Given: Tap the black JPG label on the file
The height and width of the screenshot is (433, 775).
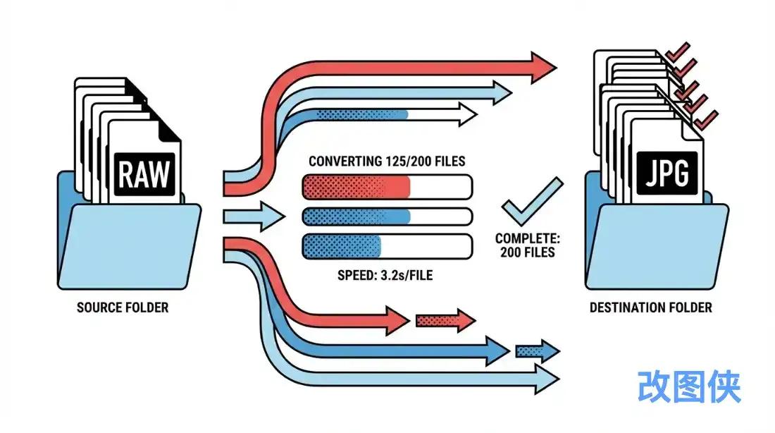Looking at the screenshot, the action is (x=666, y=173).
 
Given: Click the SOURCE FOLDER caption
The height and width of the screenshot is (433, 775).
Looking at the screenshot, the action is (x=123, y=307).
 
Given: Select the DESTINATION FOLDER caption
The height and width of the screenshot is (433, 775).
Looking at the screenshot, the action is (x=650, y=307).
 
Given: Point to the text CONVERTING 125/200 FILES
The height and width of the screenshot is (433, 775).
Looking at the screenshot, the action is (x=387, y=161).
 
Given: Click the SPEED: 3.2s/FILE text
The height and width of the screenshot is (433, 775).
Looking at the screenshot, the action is (x=385, y=275).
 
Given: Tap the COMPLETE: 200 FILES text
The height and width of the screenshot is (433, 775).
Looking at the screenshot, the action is (x=528, y=245).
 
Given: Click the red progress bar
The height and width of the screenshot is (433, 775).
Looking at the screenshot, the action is (x=387, y=187).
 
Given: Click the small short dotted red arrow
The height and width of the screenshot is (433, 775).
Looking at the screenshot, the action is (x=445, y=321).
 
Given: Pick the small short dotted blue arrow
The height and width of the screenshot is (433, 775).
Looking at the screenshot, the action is (x=538, y=351).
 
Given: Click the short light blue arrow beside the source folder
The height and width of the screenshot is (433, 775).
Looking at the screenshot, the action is (x=254, y=216).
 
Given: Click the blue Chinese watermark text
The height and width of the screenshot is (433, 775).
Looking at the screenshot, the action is (x=689, y=386).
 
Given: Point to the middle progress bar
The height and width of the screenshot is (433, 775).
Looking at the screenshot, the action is (x=387, y=216).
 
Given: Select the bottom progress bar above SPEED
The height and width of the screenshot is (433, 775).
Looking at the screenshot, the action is (x=387, y=246).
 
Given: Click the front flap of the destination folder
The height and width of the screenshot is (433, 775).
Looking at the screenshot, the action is (x=657, y=246).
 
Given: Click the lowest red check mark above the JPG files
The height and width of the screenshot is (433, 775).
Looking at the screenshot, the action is (x=706, y=118).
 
